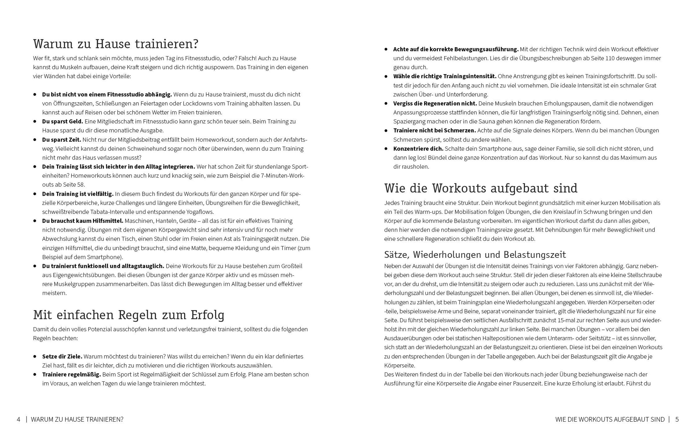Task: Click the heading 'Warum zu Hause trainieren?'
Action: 116,44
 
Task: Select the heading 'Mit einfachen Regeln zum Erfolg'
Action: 129,315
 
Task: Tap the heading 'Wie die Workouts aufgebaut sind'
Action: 481,189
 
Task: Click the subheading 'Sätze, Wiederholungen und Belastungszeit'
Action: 475,255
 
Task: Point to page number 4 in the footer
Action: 19,419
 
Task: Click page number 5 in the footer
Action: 677,419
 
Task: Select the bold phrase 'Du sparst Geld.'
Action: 63,122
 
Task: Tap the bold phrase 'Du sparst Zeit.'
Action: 61,140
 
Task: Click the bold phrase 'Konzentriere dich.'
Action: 418,149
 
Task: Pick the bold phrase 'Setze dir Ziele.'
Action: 62,356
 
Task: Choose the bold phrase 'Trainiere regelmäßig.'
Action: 72,375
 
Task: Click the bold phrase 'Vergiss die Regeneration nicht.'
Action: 435,104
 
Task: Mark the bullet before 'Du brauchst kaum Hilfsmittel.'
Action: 35,221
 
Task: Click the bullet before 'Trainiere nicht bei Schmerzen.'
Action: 386,131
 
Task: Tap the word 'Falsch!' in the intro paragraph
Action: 247,58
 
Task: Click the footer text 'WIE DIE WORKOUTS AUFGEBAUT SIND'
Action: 610,419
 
